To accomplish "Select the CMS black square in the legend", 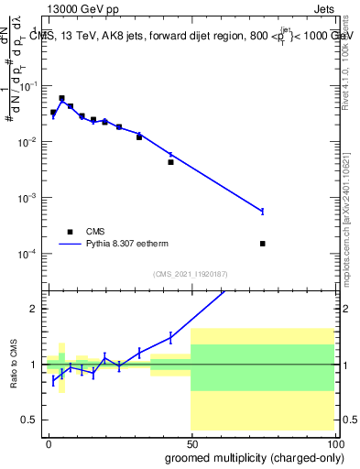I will pyautogui.click(x=70, y=232).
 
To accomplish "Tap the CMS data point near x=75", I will pyautogui.click(x=263, y=244).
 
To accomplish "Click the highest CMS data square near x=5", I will pyautogui.click(x=61, y=98).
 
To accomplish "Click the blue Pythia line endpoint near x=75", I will pyautogui.click(x=263, y=212).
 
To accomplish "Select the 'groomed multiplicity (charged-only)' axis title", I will pyautogui.click(x=248, y=456).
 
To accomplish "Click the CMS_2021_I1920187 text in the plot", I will pyautogui.click(x=189, y=274).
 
